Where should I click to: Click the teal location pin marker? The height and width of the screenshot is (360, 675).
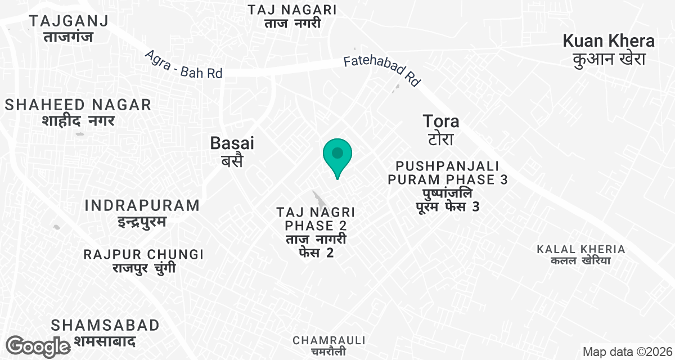click(x=337, y=155)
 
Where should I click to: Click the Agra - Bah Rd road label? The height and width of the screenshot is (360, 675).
click(x=183, y=65)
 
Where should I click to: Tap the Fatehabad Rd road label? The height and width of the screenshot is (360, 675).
click(x=382, y=70)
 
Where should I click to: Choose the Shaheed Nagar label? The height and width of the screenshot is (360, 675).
click(x=78, y=112)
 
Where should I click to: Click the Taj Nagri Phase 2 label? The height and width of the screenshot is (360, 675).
click(x=315, y=232)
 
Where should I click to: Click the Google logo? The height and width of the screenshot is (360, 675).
click(x=38, y=346)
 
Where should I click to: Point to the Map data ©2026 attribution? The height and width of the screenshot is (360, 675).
click(x=627, y=352)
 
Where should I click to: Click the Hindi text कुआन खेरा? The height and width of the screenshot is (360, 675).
click(x=609, y=59)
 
